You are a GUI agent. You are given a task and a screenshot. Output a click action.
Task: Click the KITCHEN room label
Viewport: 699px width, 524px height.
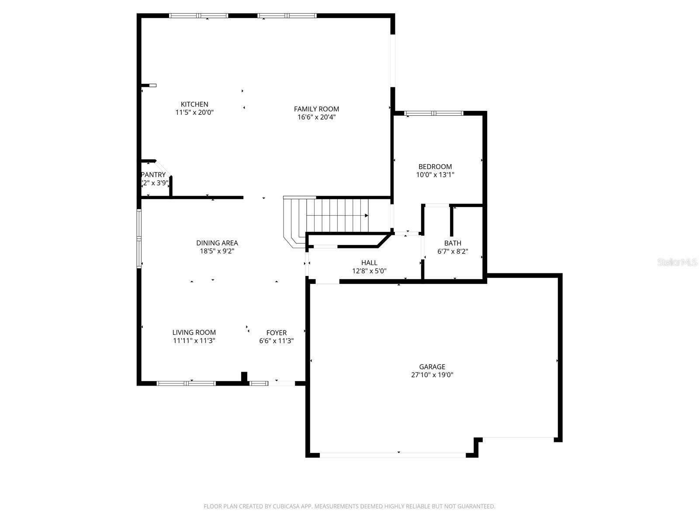click(x=194, y=104)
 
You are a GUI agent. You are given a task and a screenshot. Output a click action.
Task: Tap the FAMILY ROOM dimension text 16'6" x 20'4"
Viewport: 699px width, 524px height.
click(x=316, y=117)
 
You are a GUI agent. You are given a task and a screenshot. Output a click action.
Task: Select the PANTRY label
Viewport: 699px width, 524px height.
click(x=153, y=175)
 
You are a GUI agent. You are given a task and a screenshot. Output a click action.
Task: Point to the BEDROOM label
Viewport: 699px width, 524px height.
click(x=435, y=166)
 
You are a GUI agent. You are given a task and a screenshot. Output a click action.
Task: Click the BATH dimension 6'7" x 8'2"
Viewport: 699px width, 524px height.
click(x=453, y=252)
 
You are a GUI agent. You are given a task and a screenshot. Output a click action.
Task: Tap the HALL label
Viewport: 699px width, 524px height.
click(x=369, y=262)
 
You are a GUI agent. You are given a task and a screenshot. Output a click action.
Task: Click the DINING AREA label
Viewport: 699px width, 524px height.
click(x=217, y=243)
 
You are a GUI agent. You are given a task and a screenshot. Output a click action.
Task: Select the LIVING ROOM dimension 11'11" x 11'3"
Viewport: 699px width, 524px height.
click(x=194, y=341)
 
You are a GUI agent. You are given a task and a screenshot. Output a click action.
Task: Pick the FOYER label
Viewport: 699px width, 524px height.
click(x=277, y=332)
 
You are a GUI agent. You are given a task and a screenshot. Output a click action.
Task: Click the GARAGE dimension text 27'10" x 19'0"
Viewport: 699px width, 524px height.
click(x=432, y=375)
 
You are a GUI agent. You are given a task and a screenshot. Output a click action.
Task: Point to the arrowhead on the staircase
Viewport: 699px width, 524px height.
click(x=366, y=215)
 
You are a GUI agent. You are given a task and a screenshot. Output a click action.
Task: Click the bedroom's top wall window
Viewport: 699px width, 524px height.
click(x=433, y=114)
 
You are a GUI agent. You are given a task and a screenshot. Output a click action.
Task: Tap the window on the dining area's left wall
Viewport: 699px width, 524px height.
click(x=139, y=238)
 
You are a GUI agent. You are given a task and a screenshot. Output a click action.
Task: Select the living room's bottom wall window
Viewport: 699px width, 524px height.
click(x=186, y=383)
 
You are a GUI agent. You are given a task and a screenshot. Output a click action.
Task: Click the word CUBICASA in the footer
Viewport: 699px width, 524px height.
click(x=286, y=507)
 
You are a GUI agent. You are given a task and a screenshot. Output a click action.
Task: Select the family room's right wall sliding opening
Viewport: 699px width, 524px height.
click(x=393, y=61)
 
